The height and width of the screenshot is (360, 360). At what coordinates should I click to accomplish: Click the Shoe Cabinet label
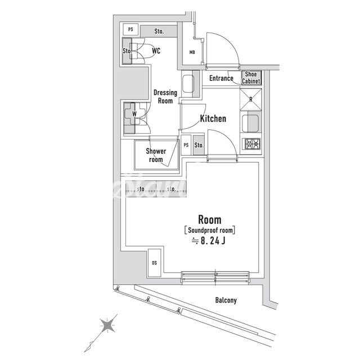tap(251, 78)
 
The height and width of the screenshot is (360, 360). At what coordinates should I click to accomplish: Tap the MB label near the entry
tap(192, 52)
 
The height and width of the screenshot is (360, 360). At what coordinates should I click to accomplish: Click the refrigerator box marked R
tap(251, 100)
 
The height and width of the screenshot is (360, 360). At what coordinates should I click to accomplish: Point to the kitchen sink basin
tap(250, 124)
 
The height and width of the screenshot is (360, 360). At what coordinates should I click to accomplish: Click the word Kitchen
tap(213, 119)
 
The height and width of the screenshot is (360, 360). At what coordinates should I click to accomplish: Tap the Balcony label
tap(226, 300)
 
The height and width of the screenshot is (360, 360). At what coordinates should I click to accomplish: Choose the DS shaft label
tap(154, 263)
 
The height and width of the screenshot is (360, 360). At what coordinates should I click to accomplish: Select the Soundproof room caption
tap(210, 230)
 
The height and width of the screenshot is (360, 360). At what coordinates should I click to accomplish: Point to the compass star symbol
tap(107, 326)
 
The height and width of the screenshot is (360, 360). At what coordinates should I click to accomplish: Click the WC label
tap(156, 51)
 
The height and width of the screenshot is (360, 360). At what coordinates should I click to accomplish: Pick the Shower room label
tap(156, 155)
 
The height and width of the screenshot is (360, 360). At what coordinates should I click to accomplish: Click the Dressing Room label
tap(165, 97)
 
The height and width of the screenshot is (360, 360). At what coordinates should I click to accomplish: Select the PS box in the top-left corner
tap(130, 29)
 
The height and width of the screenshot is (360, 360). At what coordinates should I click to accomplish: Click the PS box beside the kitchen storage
tap(186, 145)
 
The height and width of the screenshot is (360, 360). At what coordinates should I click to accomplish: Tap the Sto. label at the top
tap(159, 31)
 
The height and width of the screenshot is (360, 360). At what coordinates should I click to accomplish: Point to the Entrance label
tap(221, 78)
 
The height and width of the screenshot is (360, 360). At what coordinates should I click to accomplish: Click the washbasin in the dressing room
tap(188, 84)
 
